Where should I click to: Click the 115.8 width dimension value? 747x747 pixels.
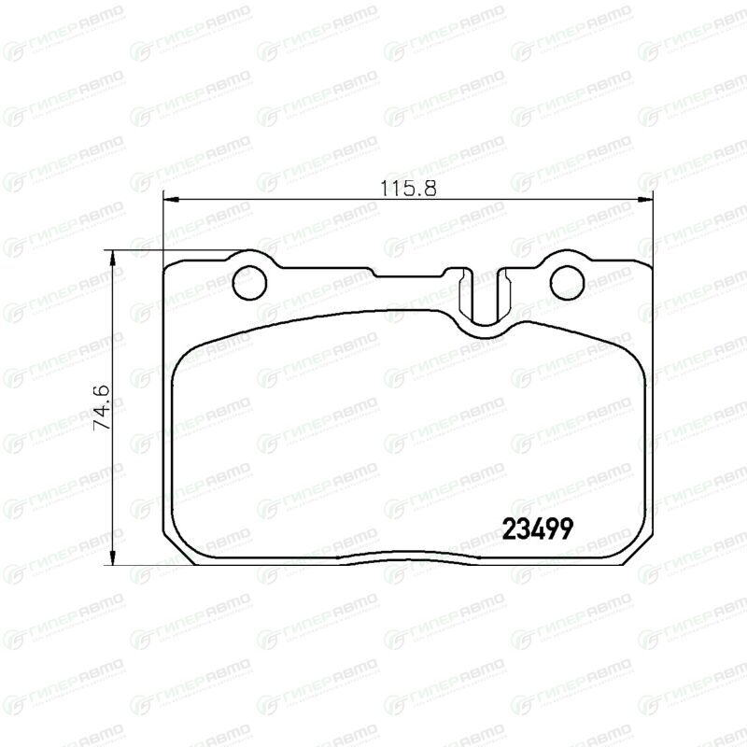click(408, 188)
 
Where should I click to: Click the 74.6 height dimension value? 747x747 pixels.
click(102, 408)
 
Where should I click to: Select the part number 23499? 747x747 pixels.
click(538, 529)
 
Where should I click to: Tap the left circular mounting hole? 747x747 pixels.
click(249, 283)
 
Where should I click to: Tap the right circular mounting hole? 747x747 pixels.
click(567, 283)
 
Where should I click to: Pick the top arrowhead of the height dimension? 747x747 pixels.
click(113, 258)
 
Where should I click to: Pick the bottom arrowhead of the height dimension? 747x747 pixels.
click(113, 557)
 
